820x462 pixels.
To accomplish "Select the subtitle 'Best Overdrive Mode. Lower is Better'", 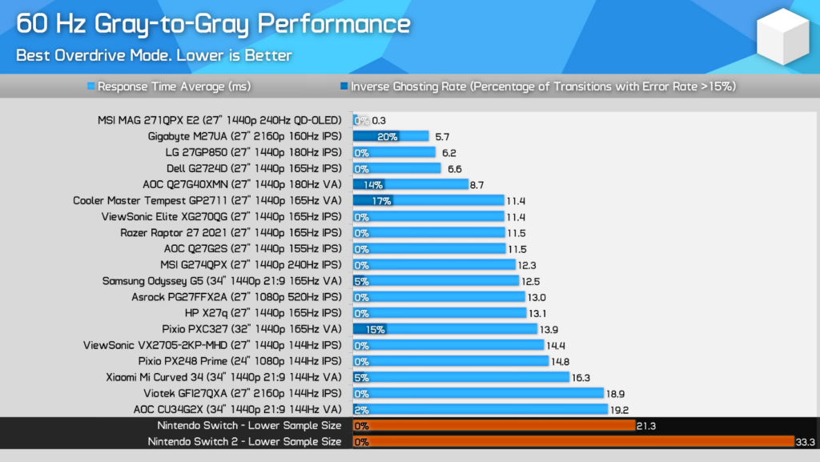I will pyautogui.click(x=155, y=55).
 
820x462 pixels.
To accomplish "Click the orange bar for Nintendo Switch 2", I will pyautogui.click(x=573, y=441).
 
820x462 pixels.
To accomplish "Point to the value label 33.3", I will pyautogui.click(x=805, y=441).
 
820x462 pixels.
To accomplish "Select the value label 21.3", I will pyautogui.click(x=645, y=425).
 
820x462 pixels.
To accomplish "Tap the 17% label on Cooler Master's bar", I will pyautogui.click(x=381, y=200).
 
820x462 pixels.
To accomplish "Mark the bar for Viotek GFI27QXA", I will pyautogui.click(x=478, y=393).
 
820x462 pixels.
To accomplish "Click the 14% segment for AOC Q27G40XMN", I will pyautogui.click(x=373, y=184).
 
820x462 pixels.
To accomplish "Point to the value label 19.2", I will pyautogui.click(x=621, y=409).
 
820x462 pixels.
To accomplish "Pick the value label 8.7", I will pyautogui.click(x=476, y=184).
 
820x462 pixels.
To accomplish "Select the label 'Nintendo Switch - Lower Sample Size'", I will pyautogui.click(x=249, y=425).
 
